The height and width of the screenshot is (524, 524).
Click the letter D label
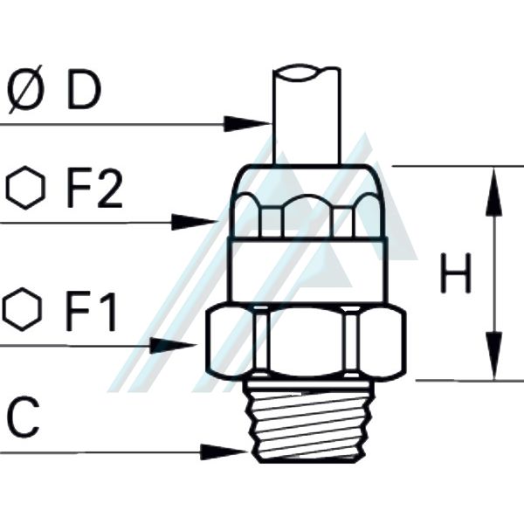[85, 91]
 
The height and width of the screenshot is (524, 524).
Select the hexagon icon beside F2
[24, 190]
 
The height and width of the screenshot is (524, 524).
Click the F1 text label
[91, 313]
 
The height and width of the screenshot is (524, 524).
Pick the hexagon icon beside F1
[22, 311]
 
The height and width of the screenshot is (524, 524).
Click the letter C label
[24, 419]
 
